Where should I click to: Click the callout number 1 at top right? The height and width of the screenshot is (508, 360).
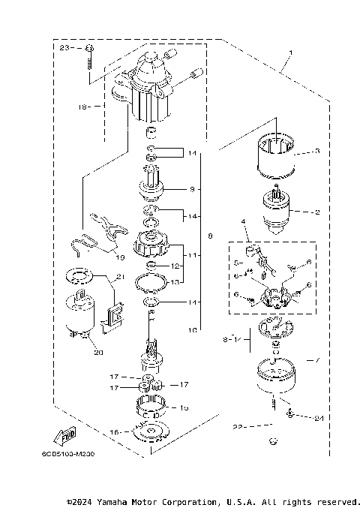[288, 54]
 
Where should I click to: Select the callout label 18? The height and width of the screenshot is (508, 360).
[82, 107]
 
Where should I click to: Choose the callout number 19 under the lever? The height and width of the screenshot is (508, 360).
[120, 257]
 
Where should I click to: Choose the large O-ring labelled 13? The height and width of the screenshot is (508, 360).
[153, 283]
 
